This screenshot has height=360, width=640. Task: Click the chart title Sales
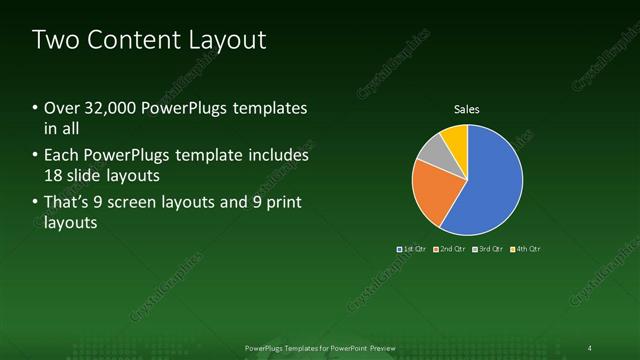[x=468, y=108]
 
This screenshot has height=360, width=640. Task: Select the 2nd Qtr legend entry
[x=451, y=248]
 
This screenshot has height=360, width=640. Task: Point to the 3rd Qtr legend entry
[x=488, y=248]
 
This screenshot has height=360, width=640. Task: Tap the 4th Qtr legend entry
[x=525, y=248]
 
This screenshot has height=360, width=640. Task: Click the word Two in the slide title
[x=57, y=40]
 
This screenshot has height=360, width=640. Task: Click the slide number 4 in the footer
[x=589, y=347]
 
